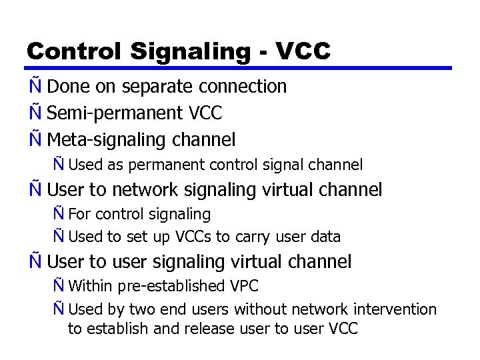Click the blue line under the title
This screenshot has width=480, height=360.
pyautogui.click(x=240, y=68)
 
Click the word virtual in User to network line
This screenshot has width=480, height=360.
pyautogui.click(x=295, y=190)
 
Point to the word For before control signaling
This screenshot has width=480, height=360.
pyautogui.click(x=81, y=215)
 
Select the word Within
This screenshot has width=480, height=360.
pyautogui.click(x=91, y=287)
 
